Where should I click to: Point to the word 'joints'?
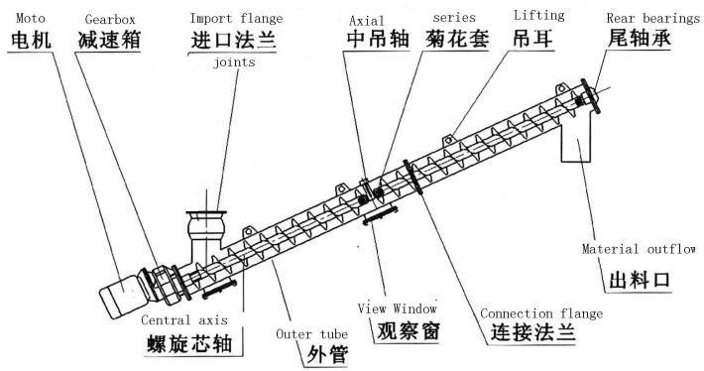[234, 62]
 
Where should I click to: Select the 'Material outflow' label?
[639, 249]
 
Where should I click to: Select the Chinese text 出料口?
[640, 280]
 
